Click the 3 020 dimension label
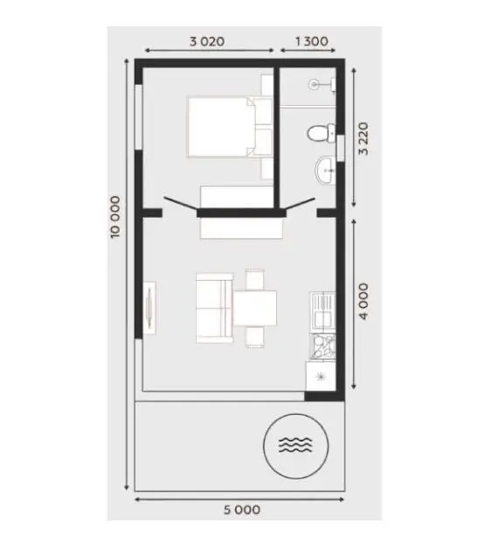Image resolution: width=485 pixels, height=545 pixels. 207,41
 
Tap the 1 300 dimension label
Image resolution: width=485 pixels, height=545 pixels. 311,41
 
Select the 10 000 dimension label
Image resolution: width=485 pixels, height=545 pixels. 115,217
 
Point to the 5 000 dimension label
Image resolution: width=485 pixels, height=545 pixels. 242,510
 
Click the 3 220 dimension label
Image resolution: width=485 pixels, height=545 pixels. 364,139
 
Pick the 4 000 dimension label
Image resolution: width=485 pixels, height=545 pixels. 364,301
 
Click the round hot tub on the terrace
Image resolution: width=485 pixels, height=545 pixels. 295,446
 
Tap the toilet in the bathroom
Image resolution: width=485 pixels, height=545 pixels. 322,133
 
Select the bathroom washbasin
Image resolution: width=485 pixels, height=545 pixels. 325,170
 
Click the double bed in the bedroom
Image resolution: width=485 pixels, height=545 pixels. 230,127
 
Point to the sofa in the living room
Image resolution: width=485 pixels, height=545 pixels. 214,308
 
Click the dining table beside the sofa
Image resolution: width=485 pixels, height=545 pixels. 255,308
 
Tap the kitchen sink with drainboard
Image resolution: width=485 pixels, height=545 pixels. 322,312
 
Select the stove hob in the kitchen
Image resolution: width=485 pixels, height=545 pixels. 322,346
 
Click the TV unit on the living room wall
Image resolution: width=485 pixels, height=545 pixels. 150,308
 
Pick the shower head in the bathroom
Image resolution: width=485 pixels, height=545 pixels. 314,85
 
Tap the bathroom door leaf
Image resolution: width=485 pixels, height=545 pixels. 300,205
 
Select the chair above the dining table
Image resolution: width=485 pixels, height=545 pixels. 255,279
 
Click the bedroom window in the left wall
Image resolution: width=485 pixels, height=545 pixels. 139,117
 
